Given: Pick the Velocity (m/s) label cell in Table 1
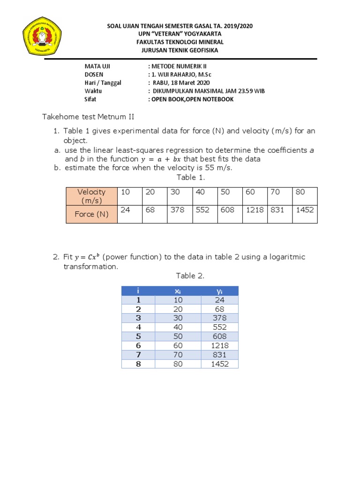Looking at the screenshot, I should coord(91,196).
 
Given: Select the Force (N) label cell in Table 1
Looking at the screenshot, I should coord(91,214).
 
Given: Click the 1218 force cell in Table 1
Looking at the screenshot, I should coord(255,210).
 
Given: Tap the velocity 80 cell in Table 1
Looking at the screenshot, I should coord(305,192).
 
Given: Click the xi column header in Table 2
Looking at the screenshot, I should coord(178,291).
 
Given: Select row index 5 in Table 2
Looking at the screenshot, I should coord(138,337).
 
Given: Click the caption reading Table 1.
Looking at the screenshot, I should coord(190,177).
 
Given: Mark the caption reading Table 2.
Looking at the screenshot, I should coord(190,276).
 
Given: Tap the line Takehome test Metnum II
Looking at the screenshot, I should coord(88,117).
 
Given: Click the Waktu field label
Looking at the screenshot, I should coord(93,91).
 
